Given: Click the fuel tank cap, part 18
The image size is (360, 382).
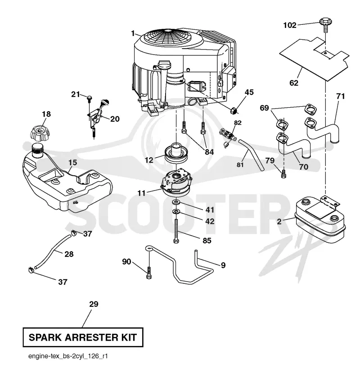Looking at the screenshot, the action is click(x=40, y=133).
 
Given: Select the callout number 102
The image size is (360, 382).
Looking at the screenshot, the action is click(x=290, y=25).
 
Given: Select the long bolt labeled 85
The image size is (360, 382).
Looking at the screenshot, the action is click(x=176, y=231).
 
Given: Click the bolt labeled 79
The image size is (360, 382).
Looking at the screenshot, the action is click(x=283, y=174).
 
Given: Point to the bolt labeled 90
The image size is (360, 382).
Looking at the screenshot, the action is click(x=149, y=273).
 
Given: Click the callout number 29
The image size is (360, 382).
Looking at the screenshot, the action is click(x=94, y=304).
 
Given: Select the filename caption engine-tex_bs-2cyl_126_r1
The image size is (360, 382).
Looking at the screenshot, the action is click(x=68, y=356).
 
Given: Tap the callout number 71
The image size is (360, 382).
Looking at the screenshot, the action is click(x=341, y=96).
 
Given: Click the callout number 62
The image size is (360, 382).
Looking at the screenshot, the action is click(x=294, y=83).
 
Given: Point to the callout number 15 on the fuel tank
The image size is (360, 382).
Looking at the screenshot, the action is click(x=73, y=163).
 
